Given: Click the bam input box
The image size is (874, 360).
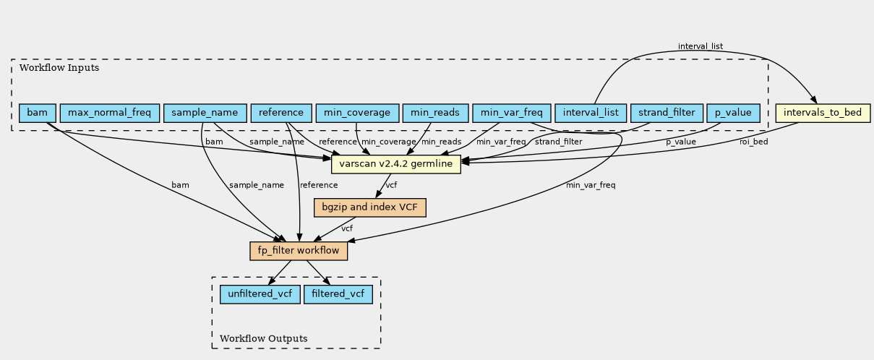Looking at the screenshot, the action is click(38, 113).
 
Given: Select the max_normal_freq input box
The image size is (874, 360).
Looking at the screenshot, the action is click(110, 113).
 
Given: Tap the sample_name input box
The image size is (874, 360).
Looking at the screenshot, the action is click(205, 113).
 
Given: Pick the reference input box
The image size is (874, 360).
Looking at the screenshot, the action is click(281, 113).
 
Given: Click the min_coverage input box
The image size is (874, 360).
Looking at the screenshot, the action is click(357, 113).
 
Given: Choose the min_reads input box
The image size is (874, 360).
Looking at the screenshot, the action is click(435, 113).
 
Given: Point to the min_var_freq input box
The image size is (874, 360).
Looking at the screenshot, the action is click(512, 113).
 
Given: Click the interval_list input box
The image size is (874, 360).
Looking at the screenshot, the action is click(591, 113).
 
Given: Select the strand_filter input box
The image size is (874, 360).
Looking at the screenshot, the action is click(667, 113).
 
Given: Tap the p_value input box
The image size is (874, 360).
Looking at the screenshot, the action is click(734, 113).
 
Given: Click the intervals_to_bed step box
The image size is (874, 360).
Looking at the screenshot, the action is click(823, 113).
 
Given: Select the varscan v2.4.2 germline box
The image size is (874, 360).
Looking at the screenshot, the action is click(396, 164).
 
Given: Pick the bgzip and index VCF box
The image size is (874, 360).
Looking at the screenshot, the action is click(370, 207).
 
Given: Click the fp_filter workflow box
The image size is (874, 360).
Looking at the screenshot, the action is click(299, 251).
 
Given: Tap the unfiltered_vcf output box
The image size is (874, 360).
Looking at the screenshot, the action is click(260, 294).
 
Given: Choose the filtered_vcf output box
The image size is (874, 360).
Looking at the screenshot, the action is click(338, 294).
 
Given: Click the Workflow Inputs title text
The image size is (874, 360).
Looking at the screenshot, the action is click(59, 68).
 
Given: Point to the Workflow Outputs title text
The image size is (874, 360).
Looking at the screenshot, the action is click(264, 338).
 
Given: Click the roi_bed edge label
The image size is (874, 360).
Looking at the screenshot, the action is click(754, 142).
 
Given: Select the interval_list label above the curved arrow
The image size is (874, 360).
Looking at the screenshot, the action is click(701, 46).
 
